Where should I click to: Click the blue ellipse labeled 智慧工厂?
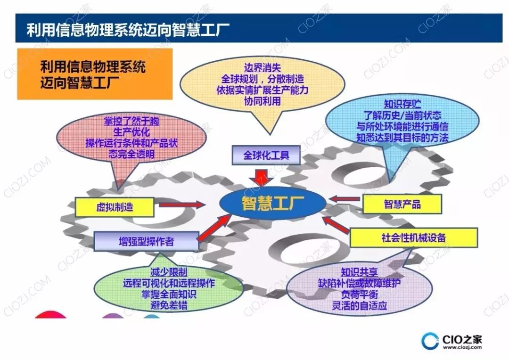[273, 204]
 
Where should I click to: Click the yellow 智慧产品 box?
[402, 204]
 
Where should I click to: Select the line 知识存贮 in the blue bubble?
[402, 105]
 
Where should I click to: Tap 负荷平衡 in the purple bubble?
[359, 294]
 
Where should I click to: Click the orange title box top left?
[95, 74]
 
